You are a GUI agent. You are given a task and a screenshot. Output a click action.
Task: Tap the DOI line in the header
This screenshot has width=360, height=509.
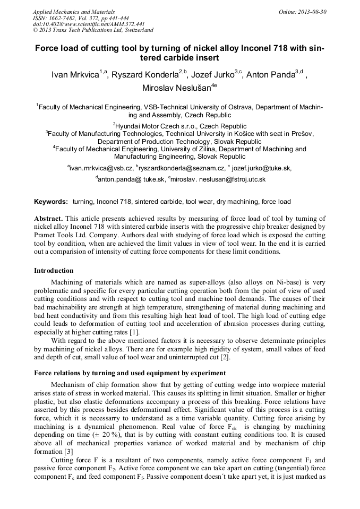[89, 24]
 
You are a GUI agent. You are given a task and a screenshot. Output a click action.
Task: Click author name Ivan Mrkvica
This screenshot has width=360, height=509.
[74, 75]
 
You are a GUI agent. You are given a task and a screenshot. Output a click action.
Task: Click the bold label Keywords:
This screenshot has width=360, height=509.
[51, 202]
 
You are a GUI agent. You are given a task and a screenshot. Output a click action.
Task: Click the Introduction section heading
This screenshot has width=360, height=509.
[54, 271]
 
